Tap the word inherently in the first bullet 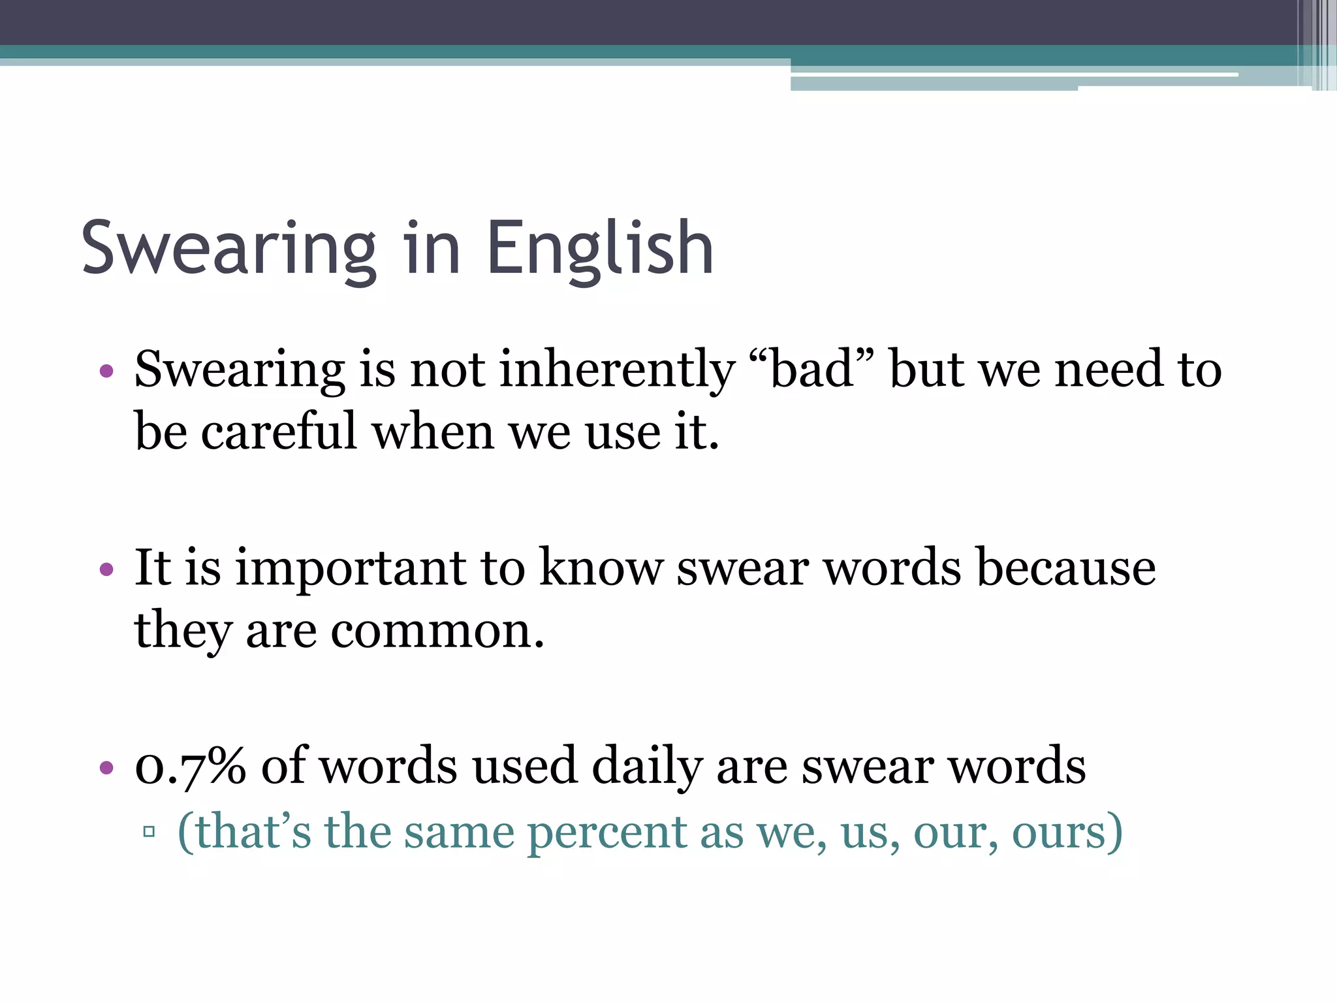617,370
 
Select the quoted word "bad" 812,370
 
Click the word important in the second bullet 351,568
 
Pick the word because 1065,568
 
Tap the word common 436,631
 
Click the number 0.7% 190,765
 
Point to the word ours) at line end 1067,833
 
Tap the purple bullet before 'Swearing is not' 106,372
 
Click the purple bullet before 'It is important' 106,570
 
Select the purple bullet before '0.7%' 106,767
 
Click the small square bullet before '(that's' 149,832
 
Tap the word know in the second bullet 601,568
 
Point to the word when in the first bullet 432,432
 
